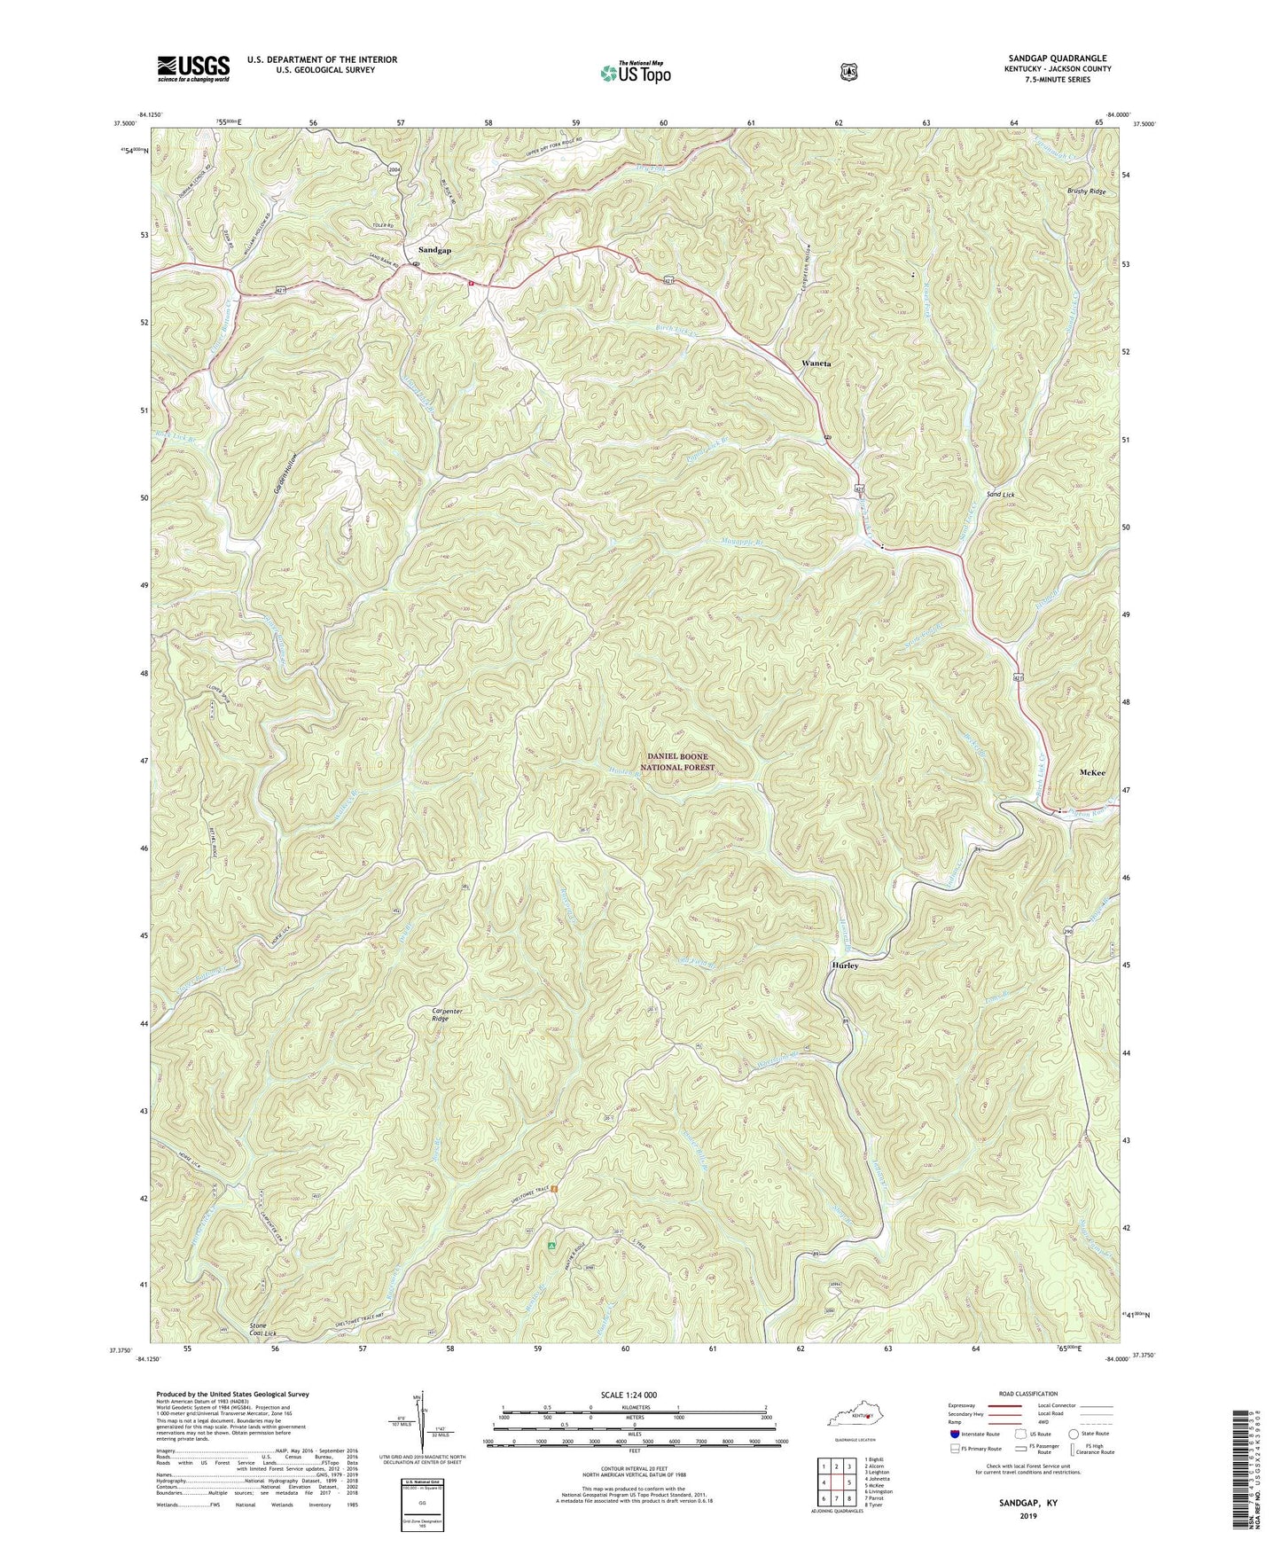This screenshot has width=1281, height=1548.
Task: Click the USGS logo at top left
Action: pyautogui.click(x=193, y=67)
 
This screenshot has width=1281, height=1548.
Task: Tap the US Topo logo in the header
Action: pyautogui.click(x=634, y=73)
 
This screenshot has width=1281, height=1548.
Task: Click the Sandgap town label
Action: pyautogui.click(x=434, y=251)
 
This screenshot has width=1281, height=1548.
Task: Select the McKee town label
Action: pyautogui.click(x=1092, y=773)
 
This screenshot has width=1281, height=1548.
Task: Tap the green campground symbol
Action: pyautogui.click(x=551, y=1246)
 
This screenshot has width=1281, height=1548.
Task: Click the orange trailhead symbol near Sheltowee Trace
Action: pyautogui.click(x=553, y=1189)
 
